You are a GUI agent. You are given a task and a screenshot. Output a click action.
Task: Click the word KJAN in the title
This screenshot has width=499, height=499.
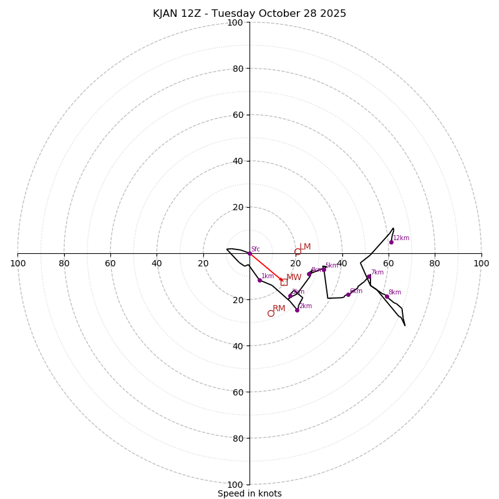coord(165,14)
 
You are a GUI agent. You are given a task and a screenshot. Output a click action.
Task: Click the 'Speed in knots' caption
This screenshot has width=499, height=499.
coord(249,493)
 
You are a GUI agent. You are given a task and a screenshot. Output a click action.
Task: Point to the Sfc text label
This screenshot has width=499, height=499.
coord(255,249)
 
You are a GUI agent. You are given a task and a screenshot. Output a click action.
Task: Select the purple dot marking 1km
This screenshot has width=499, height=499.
coord(259,280)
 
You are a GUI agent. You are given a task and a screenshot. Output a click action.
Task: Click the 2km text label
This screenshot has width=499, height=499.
coord(306,306)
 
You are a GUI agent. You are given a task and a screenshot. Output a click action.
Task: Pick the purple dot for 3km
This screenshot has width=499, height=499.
coord(290,296)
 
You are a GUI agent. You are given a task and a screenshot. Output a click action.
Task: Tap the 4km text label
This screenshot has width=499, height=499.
coord(316,270)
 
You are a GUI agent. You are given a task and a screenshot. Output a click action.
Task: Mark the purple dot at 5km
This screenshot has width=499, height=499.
coord(324,269)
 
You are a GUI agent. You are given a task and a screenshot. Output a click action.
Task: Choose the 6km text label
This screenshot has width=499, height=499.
coord(356,291)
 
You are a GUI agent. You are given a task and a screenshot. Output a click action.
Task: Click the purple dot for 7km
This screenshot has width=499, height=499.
coord(369,276)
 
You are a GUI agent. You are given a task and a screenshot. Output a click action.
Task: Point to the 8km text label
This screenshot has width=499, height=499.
coord(395,293)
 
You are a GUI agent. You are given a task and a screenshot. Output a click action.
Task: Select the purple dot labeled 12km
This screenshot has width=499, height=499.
coord(391,242)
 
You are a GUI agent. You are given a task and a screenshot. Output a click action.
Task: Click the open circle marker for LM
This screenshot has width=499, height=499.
coord(298,252)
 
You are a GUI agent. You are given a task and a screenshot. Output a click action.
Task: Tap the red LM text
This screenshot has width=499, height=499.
coord(305,247)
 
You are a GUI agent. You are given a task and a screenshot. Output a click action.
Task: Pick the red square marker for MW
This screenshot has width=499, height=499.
coord(284,282)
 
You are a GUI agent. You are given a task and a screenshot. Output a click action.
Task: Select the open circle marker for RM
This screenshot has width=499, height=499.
coord(271,313)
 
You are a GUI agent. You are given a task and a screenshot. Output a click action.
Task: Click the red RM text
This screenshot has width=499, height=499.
coord(279,309)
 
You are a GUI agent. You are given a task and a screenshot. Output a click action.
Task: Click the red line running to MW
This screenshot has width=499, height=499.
coord(266,268)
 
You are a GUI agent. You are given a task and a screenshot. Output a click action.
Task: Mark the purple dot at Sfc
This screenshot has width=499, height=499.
coord(249,253)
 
